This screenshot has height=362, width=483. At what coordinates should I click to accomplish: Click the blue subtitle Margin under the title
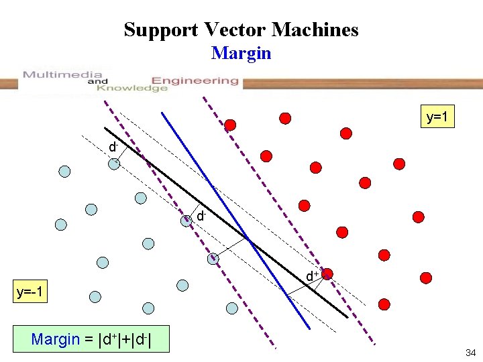(x=241, y=53)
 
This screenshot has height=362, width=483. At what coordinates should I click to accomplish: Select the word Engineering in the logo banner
(x=195, y=80)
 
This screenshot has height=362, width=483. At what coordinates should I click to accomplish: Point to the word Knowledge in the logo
(x=131, y=88)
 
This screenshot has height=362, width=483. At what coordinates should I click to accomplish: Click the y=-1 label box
(x=30, y=293)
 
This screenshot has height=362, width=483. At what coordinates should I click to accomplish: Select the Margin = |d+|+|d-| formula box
(x=91, y=339)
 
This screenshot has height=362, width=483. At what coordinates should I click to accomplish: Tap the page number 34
(x=470, y=353)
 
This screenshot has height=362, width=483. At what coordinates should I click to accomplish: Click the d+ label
(x=312, y=276)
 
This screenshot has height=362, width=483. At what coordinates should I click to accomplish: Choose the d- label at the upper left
(x=114, y=146)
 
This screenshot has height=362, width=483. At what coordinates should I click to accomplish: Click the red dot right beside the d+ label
(x=328, y=274)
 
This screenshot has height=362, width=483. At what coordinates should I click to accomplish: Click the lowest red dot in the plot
(x=384, y=304)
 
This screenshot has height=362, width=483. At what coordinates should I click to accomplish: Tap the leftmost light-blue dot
(x=61, y=225)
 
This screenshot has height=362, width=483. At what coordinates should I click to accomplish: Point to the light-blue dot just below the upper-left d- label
(x=115, y=164)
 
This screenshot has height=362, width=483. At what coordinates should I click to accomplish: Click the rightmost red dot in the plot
(x=425, y=277)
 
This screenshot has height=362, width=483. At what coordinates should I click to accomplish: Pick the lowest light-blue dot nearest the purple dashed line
(x=232, y=308)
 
